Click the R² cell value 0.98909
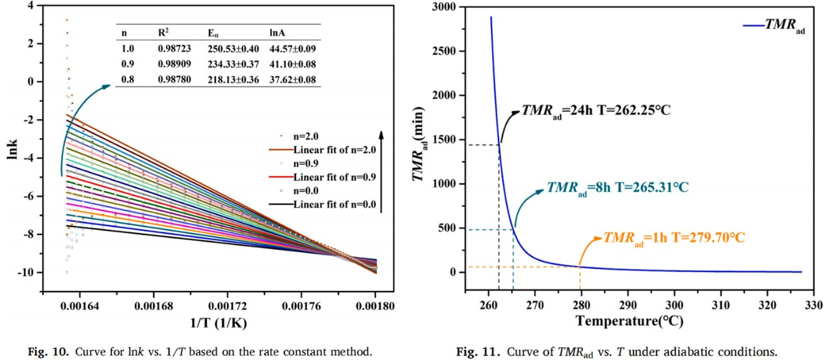[x=174, y=65]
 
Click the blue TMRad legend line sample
[x=753, y=26]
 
